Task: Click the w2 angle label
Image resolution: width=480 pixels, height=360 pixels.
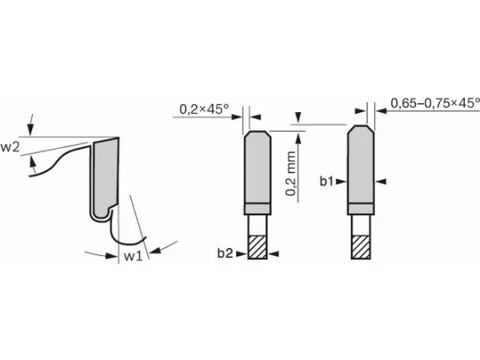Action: (10, 147)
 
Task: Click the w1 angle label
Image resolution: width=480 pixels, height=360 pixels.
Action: (133, 256)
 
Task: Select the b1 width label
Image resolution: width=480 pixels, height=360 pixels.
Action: (326, 182)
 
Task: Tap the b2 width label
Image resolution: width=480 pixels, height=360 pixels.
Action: (226, 253)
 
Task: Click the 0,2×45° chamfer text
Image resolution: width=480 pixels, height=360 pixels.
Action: (204, 109)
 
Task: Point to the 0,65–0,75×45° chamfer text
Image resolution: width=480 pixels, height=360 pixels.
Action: (435, 103)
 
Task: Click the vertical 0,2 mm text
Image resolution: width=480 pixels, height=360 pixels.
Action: (290, 174)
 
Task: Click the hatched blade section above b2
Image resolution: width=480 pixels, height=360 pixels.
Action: (257, 247)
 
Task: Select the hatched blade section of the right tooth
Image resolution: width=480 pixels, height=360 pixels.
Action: (362, 247)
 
